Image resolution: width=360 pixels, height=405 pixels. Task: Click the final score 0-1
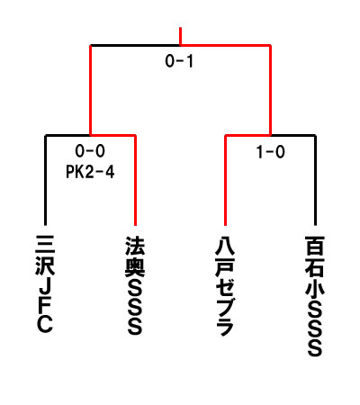[x=179, y=61]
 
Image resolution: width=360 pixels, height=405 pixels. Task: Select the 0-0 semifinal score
[x=90, y=150]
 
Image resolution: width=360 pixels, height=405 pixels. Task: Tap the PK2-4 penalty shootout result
[x=90, y=172]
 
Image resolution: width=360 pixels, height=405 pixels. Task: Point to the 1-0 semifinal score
[x=270, y=152]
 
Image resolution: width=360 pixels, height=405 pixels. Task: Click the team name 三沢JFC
[x=45, y=283]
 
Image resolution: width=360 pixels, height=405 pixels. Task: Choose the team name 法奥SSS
[x=135, y=285]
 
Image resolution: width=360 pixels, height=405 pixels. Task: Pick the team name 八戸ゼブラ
[x=225, y=286]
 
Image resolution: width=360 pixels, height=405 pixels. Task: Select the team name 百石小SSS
[x=315, y=296]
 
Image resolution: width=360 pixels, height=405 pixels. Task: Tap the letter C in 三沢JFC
[x=45, y=323]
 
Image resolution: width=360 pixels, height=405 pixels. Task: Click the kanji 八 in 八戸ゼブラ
[x=225, y=246]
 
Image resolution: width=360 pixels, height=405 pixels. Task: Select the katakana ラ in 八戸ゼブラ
[x=225, y=326]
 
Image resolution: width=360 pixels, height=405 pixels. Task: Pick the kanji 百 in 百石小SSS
[x=315, y=246]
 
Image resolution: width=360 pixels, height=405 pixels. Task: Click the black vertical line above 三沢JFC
[x=45, y=180]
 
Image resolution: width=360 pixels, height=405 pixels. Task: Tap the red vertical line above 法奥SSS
[x=135, y=180]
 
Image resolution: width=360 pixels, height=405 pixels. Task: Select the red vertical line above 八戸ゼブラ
[x=225, y=180]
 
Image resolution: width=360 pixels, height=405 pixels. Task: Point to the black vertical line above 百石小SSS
[x=315, y=180]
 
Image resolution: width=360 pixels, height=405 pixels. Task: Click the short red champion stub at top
[x=180, y=36]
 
